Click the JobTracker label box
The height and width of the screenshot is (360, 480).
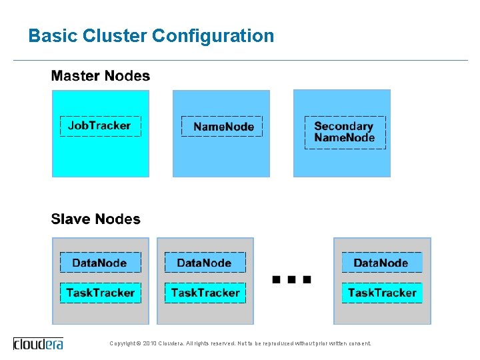(100, 126)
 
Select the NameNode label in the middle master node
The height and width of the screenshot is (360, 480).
(222, 127)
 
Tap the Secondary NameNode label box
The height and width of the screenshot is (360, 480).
(345, 133)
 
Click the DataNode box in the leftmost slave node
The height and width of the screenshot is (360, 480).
(100, 263)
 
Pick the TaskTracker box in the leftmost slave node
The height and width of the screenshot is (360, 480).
(100, 293)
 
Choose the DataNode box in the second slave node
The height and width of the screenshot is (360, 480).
(205, 263)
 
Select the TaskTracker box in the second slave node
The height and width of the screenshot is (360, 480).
(205, 293)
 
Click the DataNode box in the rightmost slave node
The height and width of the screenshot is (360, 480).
(381, 263)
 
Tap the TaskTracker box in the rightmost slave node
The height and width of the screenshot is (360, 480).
(381, 293)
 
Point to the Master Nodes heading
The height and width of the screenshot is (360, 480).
(101, 76)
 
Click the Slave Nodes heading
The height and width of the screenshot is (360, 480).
(96, 219)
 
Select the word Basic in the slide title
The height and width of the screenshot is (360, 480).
(53, 36)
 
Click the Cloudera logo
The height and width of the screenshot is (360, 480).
(38, 343)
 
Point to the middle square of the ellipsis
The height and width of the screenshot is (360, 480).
(291, 280)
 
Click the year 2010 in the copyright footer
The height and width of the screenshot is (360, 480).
(149, 344)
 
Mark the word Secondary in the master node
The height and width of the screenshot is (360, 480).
(343, 126)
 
